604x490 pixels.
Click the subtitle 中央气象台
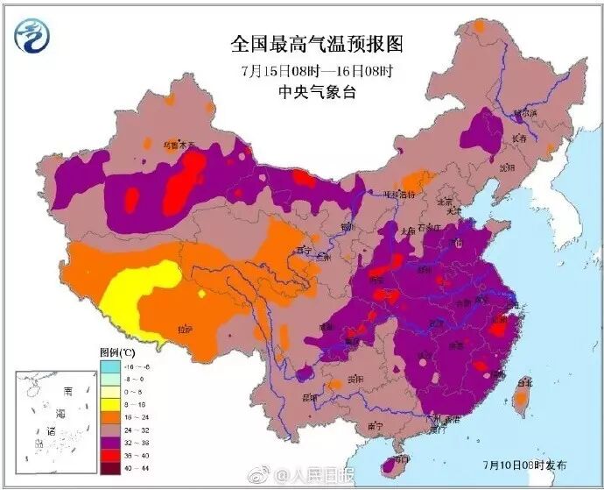306,91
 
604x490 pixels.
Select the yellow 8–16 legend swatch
109,405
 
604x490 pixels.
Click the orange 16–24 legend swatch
109,417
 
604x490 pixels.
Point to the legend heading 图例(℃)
117,351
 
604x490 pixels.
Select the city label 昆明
309,397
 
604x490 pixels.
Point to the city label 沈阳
506,167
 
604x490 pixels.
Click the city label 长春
520,138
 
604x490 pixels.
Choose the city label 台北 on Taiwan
524,382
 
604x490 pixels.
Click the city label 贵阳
354,380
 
